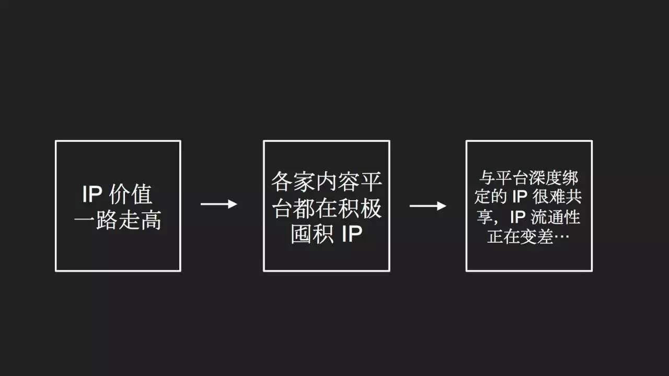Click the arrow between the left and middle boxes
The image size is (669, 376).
coord(219,204)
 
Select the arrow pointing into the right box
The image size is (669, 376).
coord(428,206)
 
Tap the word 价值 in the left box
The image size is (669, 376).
coord(131,195)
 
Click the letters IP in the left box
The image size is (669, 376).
coord(93,195)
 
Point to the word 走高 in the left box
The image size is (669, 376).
coord(140,220)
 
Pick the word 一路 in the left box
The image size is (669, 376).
coord(96,220)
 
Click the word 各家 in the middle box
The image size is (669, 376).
coord(293,181)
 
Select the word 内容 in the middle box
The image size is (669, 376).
coord(338,181)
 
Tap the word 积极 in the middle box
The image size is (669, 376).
coord(360,208)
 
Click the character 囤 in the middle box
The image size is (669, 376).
coord(302,234)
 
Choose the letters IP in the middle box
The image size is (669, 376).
coord(352,234)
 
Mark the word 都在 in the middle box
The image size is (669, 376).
coord(315,208)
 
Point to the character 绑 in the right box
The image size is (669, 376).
coord(570,178)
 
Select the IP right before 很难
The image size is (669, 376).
coord(520,197)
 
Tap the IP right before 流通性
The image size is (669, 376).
coord(517,218)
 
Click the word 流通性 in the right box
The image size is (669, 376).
coord(556,218)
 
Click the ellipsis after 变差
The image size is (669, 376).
coord(561,237)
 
